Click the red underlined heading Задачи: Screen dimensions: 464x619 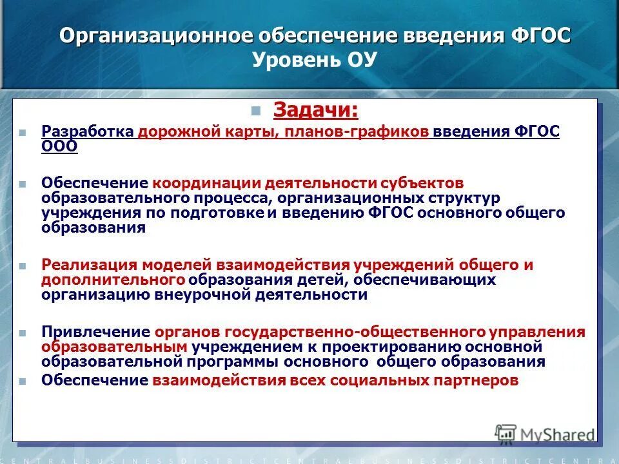tap(315, 110)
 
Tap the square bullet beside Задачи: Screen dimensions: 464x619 tap(257, 110)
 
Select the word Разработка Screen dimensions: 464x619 tap(88, 131)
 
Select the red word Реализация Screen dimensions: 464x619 tap(90, 265)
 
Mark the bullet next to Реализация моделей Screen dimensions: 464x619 tap(23, 266)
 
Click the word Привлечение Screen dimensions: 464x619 tap(96, 332)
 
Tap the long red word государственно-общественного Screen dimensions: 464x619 tap(354, 332)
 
